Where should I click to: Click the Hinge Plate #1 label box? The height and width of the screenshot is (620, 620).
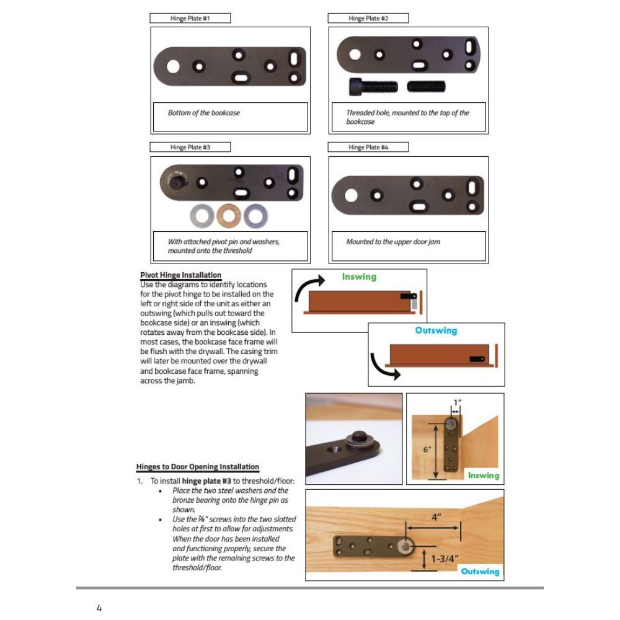[190, 19]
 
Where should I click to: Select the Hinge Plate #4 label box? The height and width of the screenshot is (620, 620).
[368, 148]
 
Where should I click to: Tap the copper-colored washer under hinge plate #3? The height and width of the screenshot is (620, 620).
[228, 216]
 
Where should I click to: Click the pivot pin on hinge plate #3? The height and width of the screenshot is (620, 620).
[175, 182]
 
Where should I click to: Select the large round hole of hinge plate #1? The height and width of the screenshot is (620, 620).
[173, 66]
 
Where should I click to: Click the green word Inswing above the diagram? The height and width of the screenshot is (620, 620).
[359, 277]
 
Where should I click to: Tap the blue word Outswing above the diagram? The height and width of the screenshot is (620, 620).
[436, 330]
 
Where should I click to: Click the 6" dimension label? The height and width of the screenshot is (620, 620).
[427, 449]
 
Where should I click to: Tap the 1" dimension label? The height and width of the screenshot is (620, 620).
[457, 402]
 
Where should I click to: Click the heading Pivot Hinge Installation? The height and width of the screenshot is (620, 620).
[180, 275]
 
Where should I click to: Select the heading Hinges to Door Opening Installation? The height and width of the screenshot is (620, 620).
[198, 467]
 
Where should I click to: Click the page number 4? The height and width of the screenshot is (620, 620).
[99, 608]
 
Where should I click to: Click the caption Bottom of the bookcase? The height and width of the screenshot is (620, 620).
[203, 113]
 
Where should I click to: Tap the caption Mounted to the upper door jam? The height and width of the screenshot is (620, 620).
[392, 242]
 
